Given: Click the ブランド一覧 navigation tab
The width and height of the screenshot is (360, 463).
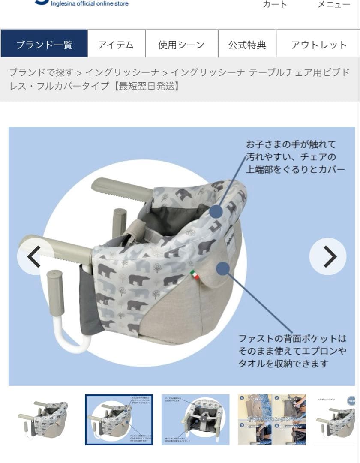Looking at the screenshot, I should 44,44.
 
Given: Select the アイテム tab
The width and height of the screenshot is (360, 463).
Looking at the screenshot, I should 116,44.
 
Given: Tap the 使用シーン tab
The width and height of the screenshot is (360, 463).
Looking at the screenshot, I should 181,44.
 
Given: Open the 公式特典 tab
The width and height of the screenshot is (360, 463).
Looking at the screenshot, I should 247,44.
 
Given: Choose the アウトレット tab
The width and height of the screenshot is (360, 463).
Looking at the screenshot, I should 318,44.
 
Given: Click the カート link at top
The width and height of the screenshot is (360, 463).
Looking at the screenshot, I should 275,4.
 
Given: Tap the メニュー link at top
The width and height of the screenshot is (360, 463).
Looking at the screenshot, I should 333,4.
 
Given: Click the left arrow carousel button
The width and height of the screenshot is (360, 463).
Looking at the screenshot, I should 34,256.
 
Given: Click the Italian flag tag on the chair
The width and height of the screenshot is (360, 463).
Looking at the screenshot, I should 195,274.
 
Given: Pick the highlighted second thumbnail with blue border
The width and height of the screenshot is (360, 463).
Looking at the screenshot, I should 119,420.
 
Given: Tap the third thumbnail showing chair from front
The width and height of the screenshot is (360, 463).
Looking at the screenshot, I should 195,420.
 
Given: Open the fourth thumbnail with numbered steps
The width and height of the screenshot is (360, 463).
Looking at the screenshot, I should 272,420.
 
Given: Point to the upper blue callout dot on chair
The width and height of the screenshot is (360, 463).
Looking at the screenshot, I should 216,211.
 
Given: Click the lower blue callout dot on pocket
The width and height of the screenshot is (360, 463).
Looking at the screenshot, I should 222,269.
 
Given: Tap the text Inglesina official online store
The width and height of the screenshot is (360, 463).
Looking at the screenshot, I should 90,4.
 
